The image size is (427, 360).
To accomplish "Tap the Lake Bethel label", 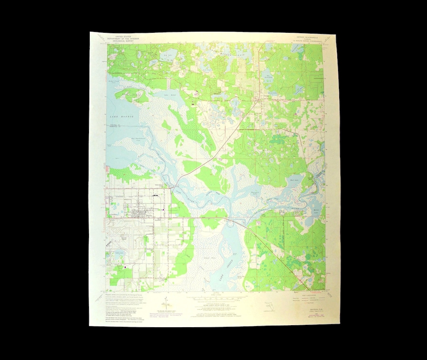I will coord(162,96).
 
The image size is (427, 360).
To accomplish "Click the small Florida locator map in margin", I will coord(269,306).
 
